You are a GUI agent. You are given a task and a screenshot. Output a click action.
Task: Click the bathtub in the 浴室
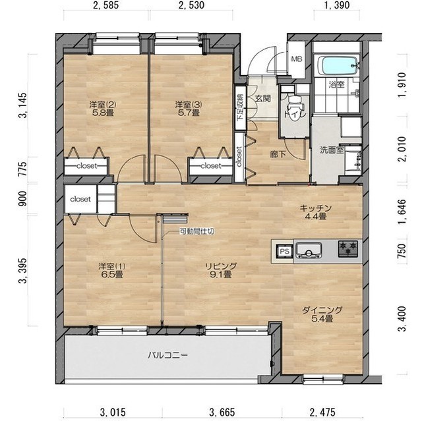338,66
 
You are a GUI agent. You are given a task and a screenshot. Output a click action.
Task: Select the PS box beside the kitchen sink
285,251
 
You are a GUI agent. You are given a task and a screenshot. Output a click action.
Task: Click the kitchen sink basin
309,250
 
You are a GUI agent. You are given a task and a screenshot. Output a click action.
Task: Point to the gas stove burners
348,248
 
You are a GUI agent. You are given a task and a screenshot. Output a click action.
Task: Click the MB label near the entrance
297,59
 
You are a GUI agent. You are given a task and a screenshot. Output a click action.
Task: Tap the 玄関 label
263,99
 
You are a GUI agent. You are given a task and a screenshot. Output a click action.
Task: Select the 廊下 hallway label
278,155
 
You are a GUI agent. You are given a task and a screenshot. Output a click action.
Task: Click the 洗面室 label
332,150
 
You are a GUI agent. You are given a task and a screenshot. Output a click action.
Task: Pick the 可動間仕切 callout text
197,231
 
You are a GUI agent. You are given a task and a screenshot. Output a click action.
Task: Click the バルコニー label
167,355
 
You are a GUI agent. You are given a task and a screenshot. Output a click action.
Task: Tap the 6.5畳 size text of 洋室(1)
111,275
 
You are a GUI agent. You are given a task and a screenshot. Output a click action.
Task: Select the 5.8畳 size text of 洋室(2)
103,113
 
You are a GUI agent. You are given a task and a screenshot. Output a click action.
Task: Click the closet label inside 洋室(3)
211,165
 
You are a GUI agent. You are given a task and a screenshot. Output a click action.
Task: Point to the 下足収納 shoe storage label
240,107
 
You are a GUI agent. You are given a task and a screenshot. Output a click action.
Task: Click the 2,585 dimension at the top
105,5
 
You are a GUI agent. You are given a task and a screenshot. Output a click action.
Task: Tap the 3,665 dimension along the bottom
222,412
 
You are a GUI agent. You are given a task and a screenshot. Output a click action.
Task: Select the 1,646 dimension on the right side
403,212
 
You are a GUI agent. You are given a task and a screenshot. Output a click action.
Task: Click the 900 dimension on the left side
22,198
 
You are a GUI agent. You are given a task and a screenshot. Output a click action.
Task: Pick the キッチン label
315,208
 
